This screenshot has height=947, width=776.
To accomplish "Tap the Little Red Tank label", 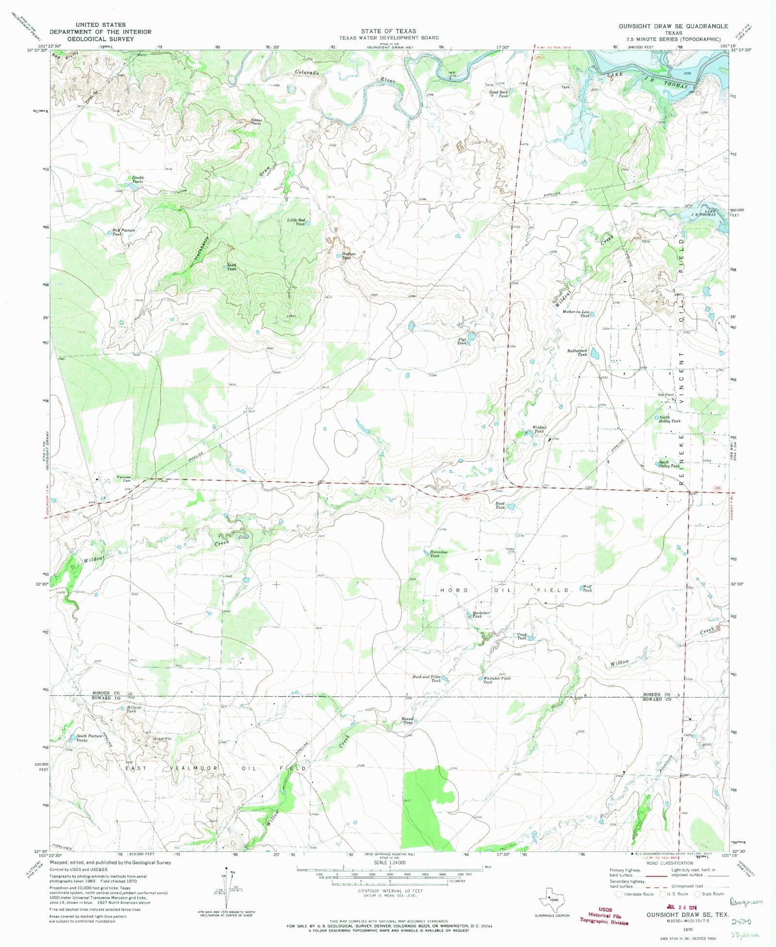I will [296, 222].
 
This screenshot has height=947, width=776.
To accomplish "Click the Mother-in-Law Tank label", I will [576, 313].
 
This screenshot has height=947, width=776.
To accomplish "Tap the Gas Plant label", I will [666, 395].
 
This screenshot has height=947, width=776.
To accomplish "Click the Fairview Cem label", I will [125, 479].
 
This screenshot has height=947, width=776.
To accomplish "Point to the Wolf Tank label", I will [587, 588].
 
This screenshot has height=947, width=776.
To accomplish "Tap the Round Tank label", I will [407, 721].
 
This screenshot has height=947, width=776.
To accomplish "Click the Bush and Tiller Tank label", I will [427, 678].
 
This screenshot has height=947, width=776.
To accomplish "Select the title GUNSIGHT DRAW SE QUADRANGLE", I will [673, 26].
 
